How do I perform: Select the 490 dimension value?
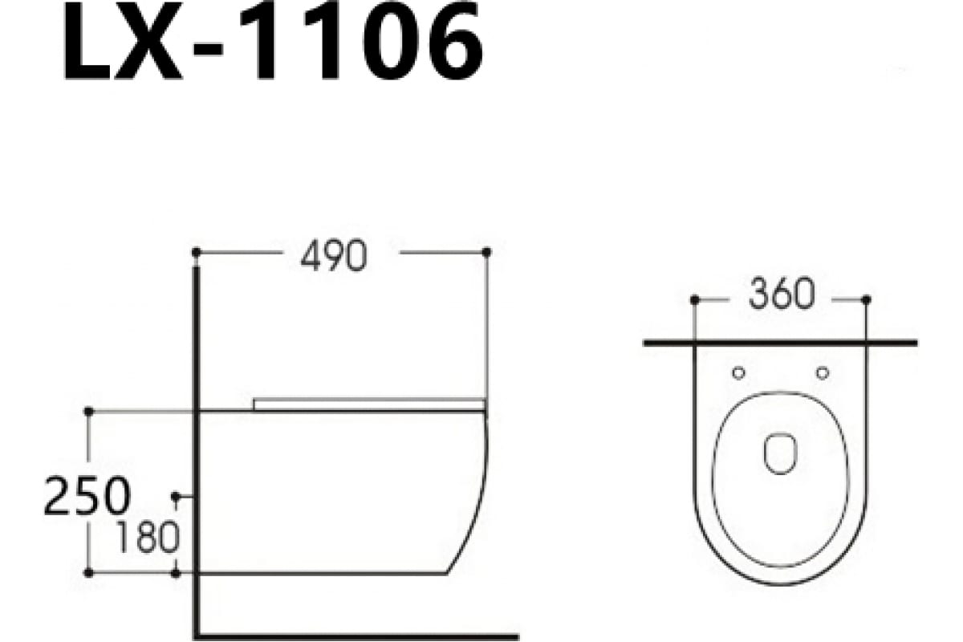pyautogui.click(x=333, y=255)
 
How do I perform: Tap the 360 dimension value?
pyautogui.click(x=781, y=296)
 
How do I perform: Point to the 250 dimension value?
pyautogui.click(x=86, y=496)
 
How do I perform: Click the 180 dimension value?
pyautogui.click(x=146, y=537)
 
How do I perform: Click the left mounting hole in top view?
pyautogui.click(x=738, y=372)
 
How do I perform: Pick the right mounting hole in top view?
pyautogui.click(x=822, y=372)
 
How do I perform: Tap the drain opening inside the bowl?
pyautogui.click(x=779, y=453)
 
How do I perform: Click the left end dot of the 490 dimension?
pyautogui.click(x=197, y=252)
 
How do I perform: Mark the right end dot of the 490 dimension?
pyautogui.click(x=486, y=252)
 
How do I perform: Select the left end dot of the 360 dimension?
pyautogui.click(x=695, y=299)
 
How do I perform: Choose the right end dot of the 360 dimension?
pyautogui.click(x=866, y=299)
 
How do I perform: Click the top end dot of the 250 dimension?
pyautogui.click(x=88, y=411)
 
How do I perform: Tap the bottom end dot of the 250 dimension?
pyautogui.click(x=88, y=573)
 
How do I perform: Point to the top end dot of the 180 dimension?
pyautogui.click(x=176, y=498)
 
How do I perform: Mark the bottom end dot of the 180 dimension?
pyautogui.click(x=176, y=573)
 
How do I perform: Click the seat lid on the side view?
pyautogui.click(x=369, y=403)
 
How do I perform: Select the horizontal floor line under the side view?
pyautogui.click(x=361, y=634)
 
